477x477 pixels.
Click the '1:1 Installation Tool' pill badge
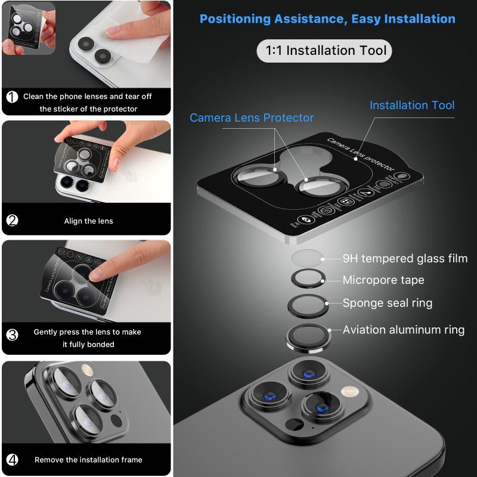325,51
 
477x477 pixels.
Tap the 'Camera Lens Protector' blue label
252,118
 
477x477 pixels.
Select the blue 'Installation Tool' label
411,106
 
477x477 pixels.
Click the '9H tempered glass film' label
405,258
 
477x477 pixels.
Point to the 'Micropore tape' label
383,280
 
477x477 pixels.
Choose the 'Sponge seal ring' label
387,303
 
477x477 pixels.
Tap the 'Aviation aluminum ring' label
403,330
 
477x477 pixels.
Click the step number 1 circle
13,97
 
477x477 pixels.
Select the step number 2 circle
13,221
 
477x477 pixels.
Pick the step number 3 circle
13,334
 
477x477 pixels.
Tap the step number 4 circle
13,460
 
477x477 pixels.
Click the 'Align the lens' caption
88,221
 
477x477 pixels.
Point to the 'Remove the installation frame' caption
88,460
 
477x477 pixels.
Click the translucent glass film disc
308,258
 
